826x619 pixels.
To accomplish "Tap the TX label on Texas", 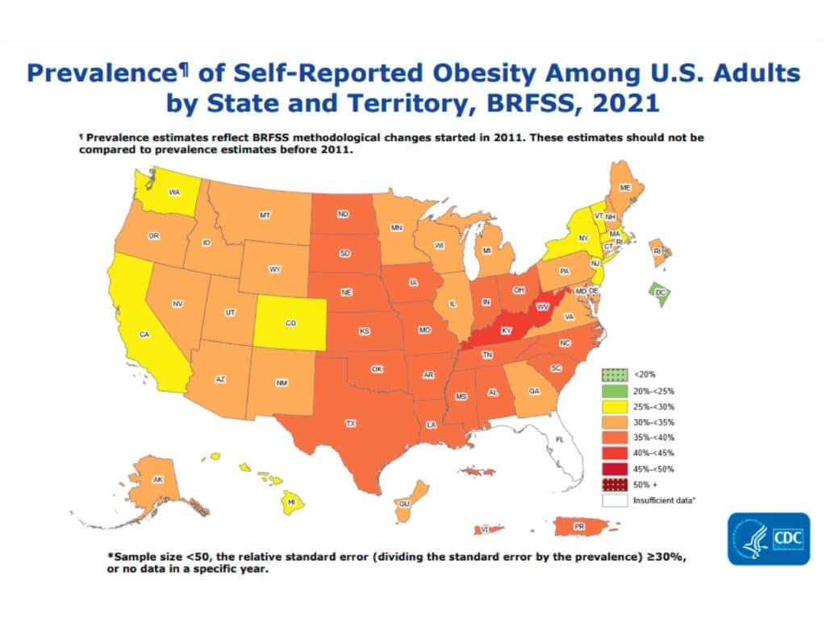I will pos(351,423).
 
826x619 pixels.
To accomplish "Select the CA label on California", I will pos(145,334).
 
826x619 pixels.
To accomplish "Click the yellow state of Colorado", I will pos(291,323).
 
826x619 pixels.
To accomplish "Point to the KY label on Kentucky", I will pos(507,331).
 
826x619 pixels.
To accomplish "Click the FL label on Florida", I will pos(557,439).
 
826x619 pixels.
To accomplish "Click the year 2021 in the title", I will pos(619,103).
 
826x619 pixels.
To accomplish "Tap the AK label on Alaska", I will pos(158,480).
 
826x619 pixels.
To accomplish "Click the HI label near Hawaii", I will pos(292,501).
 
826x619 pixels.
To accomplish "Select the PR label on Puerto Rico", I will pos(578,526).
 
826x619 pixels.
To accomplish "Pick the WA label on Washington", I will pos(173,192).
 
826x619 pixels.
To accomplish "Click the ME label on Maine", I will pos(624,187).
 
